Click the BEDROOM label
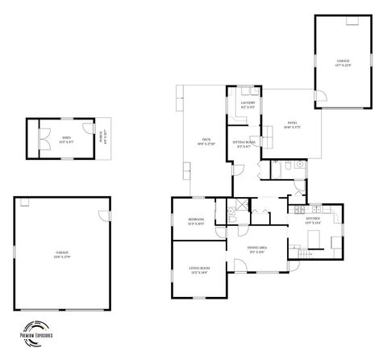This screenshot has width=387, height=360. pyautogui.click(x=196, y=221)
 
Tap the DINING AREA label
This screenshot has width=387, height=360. pyautogui.click(x=257, y=249)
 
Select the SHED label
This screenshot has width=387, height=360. pyautogui.click(x=66, y=139)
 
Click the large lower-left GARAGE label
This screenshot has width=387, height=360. pyautogui.click(x=61, y=254)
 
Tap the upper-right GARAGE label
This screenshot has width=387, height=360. pyautogui.click(x=343, y=63)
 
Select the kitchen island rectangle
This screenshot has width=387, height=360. pyautogui.click(x=314, y=239)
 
